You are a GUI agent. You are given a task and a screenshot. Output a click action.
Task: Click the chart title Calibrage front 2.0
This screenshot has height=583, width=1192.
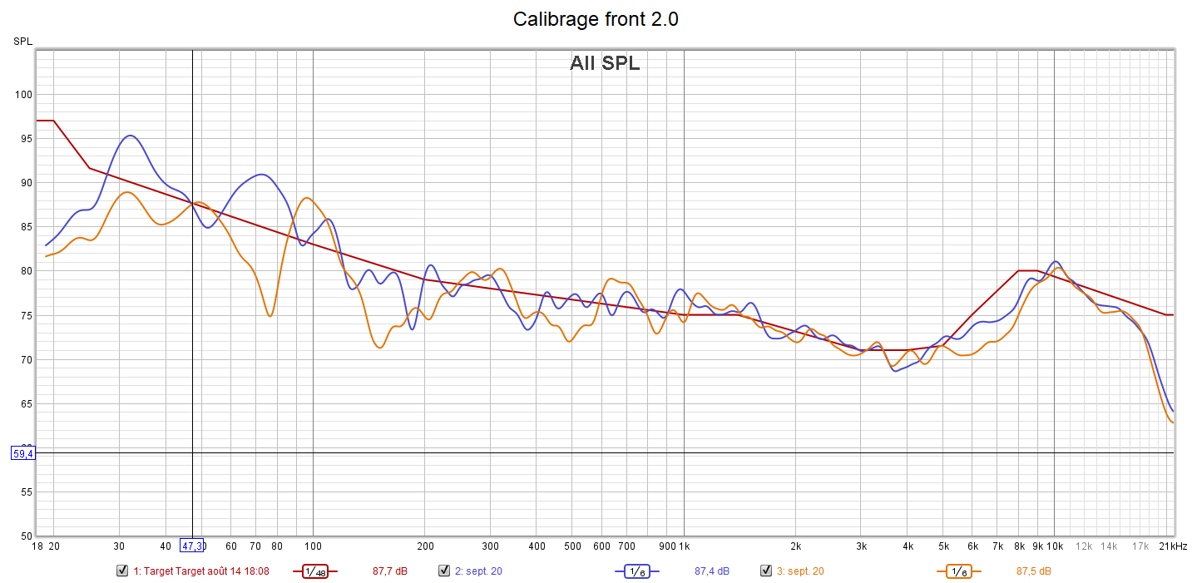coord(596,19)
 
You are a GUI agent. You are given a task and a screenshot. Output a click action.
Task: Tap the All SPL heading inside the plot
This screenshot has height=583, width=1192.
coord(605,63)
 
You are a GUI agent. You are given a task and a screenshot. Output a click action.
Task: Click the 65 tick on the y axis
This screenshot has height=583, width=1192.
coord(25,404)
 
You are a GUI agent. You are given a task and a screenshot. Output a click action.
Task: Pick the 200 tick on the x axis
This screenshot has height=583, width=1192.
coord(424,546)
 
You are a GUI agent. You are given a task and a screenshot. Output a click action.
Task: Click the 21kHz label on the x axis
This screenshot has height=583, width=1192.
coord(1174,546)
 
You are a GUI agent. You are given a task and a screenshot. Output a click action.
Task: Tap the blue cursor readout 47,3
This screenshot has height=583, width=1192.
coord(192,546)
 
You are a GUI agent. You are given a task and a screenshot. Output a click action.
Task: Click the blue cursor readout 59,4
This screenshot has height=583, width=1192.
coord(22,453)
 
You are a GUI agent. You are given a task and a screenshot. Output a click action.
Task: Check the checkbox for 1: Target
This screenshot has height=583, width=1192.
coord(123,571)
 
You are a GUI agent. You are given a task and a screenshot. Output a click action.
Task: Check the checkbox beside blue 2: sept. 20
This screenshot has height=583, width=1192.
coord(444,571)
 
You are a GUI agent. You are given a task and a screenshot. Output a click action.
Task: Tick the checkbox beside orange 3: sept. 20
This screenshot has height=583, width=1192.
coord(766,571)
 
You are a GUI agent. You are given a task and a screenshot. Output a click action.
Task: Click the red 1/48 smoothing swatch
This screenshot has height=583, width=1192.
coord(314,571)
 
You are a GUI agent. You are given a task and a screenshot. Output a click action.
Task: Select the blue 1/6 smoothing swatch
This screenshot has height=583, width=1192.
coord(636,571)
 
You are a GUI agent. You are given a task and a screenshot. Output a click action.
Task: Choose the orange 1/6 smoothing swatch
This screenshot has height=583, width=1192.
coord(958,571)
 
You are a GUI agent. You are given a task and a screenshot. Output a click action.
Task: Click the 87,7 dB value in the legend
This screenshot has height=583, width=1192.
coord(389,571)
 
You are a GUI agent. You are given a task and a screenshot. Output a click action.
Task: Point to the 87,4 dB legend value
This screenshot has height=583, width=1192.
coord(711,571)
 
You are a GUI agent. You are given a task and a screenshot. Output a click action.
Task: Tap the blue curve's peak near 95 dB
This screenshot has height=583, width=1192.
coord(130,136)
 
